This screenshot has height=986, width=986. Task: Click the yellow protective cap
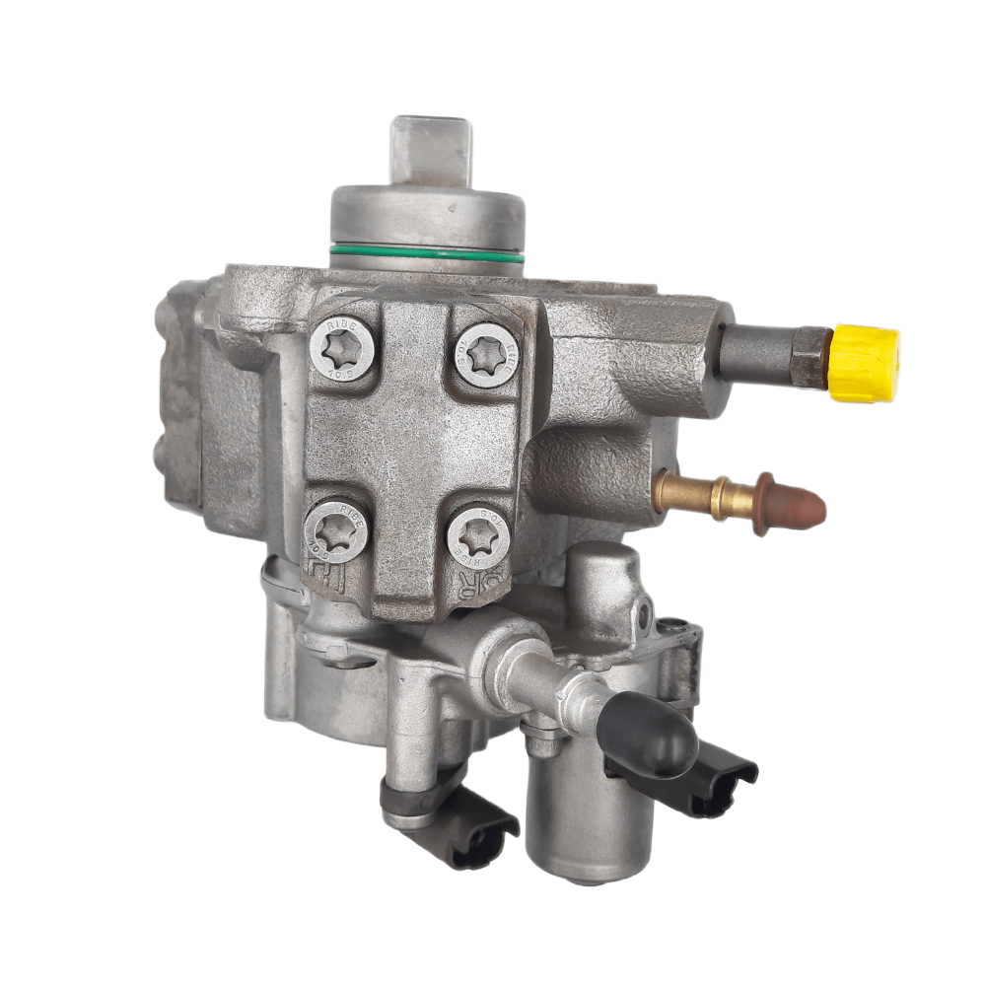(865, 364)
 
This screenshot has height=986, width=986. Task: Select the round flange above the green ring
(426, 217)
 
